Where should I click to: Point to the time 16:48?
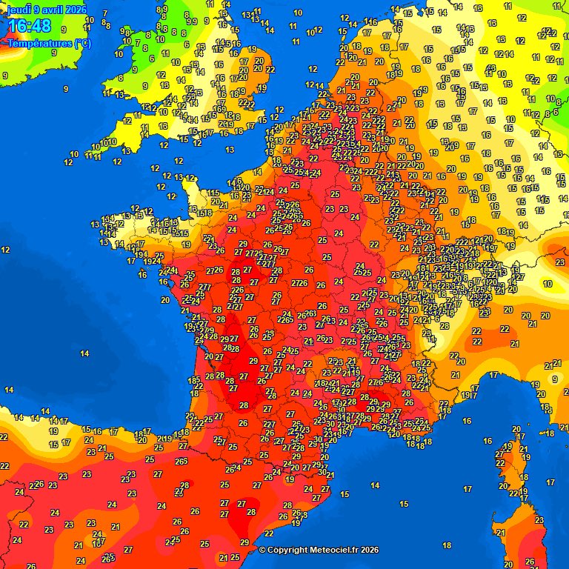30,27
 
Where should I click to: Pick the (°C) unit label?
81,43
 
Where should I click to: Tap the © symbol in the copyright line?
262,550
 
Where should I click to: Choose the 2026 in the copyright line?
370,550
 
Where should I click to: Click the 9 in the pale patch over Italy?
554,379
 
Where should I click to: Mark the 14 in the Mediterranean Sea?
376,486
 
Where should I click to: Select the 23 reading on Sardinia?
539,520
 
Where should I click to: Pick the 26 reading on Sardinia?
530,562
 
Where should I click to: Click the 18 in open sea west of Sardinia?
446,545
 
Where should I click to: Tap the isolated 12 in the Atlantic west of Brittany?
6,250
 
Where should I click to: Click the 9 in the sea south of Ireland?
66,88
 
